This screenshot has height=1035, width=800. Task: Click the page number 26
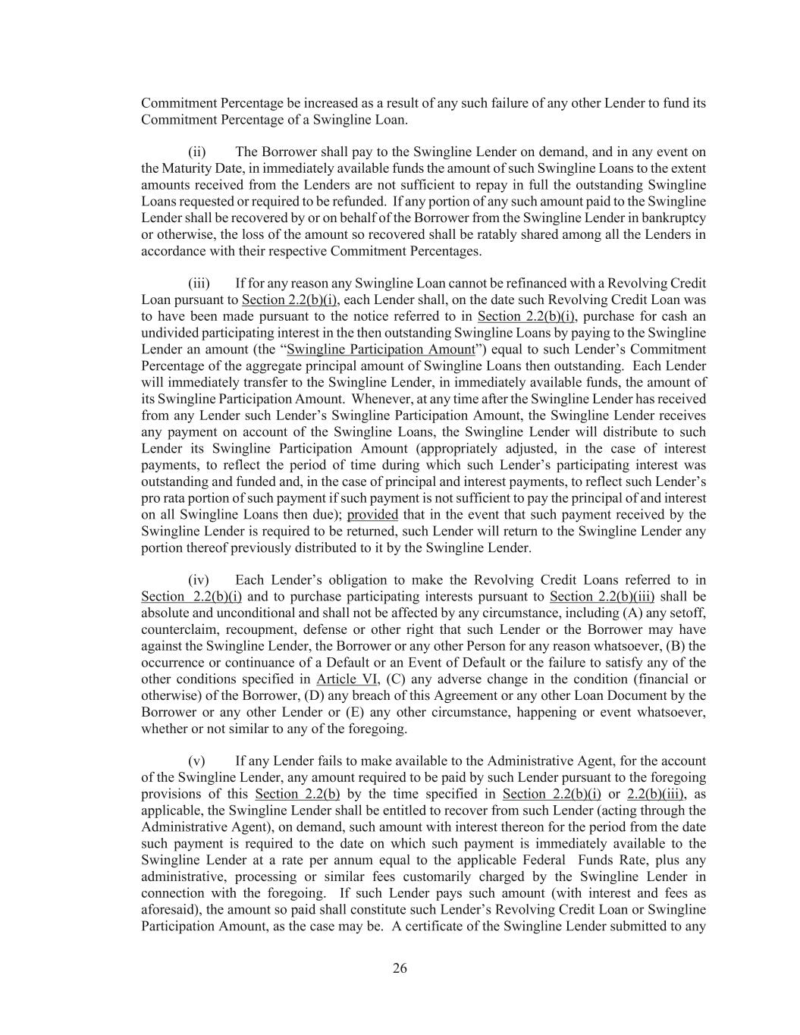pos(400,968)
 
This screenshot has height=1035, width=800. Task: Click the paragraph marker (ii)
pos(197,152)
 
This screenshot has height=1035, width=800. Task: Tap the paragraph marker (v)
pos(196,761)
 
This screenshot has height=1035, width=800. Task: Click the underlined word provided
pos(372,515)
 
